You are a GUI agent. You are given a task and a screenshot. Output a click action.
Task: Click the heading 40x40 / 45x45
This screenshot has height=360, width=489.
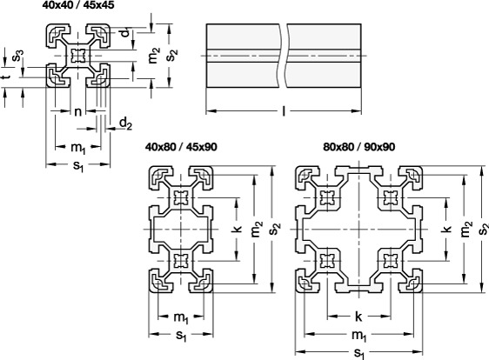[x=78, y=5]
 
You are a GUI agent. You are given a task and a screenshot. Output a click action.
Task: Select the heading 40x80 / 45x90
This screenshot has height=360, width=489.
[x=181, y=146]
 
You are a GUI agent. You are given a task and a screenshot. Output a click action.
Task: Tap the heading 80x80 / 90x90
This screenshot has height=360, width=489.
[x=359, y=146]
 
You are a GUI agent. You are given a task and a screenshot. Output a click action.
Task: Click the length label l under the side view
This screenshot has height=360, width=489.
[x=284, y=111]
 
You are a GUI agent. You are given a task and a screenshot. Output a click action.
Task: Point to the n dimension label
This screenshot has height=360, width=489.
[x=78, y=111]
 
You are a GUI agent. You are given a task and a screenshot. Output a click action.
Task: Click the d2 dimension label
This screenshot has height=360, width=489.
[x=125, y=123]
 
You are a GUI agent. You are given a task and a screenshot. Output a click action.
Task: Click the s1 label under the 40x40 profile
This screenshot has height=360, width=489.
[x=78, y=165]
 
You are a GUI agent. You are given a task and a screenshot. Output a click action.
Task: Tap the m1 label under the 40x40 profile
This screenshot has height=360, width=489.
[x=78, y=148]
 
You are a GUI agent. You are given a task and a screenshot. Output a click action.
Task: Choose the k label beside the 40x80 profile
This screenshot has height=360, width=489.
[x=238, y=229]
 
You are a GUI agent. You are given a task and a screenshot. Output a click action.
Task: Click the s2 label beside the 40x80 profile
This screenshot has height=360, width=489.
[x=276, y=229]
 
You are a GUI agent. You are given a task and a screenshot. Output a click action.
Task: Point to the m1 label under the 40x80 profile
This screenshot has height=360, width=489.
[x=181, y=317]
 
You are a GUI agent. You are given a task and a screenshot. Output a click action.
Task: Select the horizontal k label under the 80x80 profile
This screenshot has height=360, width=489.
[x=358, y=317]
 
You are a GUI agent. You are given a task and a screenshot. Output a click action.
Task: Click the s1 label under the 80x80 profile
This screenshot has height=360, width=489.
[x=359, y=353]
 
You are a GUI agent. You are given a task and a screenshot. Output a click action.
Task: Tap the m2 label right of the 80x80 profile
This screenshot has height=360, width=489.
[x=466, y=229]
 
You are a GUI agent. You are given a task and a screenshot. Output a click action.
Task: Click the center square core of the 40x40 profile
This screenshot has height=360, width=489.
[x=78, y=56]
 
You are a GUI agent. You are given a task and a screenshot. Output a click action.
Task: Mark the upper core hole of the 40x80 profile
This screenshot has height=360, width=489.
[x=181, y=198]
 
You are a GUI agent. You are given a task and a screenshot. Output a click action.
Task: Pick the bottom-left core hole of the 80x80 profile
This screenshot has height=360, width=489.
[x=327, y=261]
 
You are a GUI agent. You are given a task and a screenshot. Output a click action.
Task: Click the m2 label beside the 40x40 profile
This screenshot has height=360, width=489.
[x=154, y=56]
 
